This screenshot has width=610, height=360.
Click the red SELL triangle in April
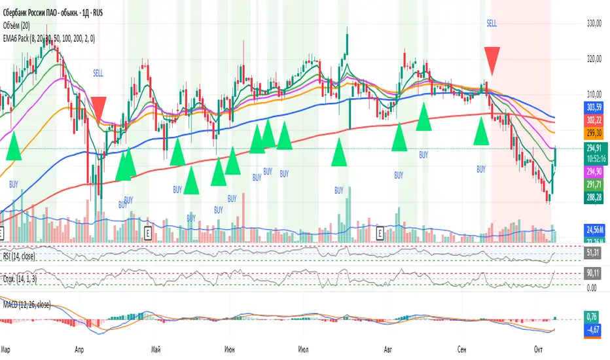coord(99,107)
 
